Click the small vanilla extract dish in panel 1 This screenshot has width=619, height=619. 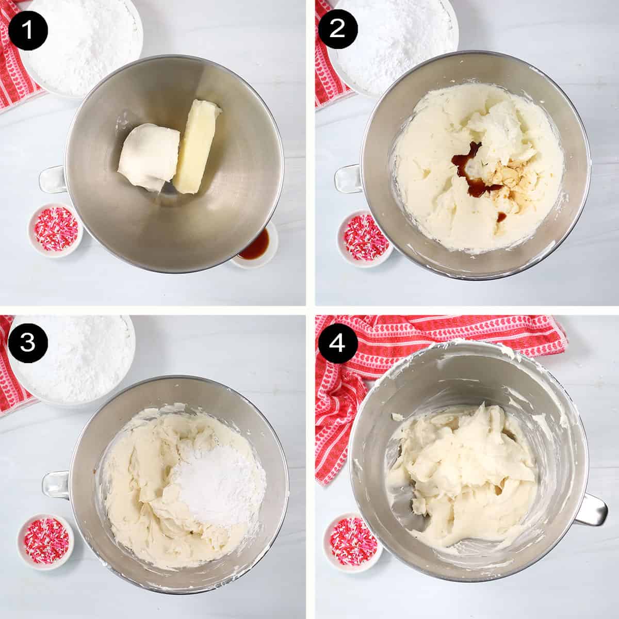pyautogui.click(x=256, y=246)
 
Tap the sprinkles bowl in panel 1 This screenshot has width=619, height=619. pyautogui.click(x=55, y=229)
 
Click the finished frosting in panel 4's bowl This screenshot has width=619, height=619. pyautogui.click(x=464, y=464)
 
